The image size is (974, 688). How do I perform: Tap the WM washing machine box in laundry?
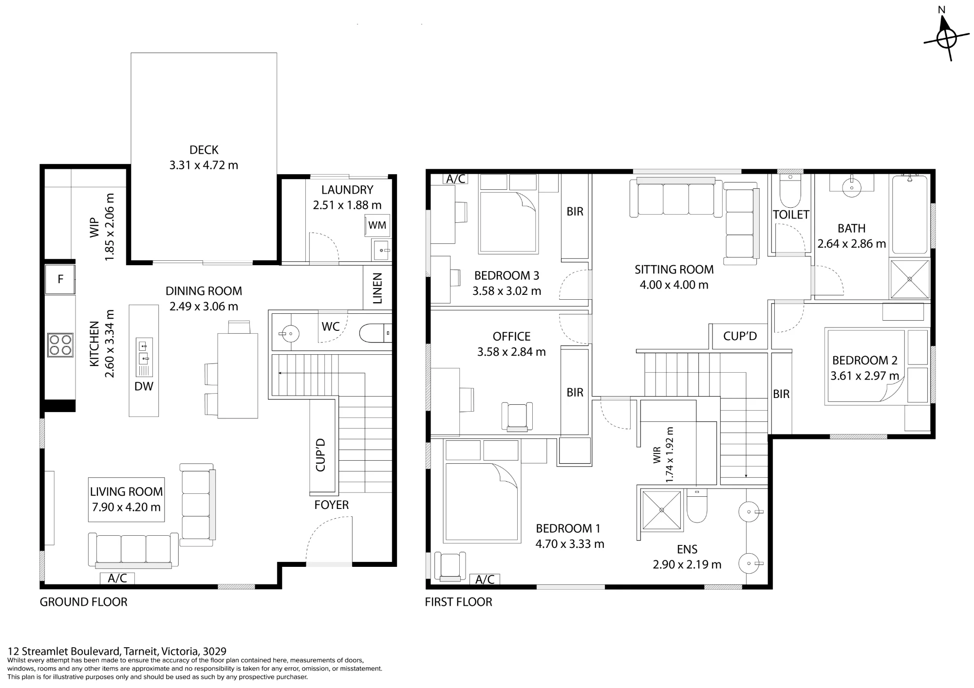click(x=377, y=225)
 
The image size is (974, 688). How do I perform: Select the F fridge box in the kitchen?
click(x=60, y=279)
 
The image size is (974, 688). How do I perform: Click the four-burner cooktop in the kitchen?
click(x=60, y=345)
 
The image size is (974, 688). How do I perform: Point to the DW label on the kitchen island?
click(x=144, y=386)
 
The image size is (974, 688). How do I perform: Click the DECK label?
click(x=204, y=150)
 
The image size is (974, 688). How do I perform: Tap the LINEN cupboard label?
click(x=377, y=288)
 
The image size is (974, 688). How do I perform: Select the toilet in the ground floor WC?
click(x=375, y=333)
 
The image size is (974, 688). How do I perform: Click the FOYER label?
click(x=332, y=505)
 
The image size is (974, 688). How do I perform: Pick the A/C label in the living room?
click(x=117, y=578)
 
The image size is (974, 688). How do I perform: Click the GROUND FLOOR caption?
click(x=83, y=602)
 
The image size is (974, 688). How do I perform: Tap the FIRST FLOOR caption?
click(x=458, y=602)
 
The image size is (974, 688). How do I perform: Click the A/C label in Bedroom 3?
click(x=456, y=179)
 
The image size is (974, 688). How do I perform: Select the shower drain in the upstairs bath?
click(x=910, y=279)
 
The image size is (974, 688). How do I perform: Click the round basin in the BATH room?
click(x=852, y=187)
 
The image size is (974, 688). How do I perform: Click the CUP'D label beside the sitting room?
click(x=740, y=336)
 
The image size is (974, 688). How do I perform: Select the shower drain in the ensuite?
click(x=662, y=510)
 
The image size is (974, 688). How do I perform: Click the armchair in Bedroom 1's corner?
click(x=450, y=566)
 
